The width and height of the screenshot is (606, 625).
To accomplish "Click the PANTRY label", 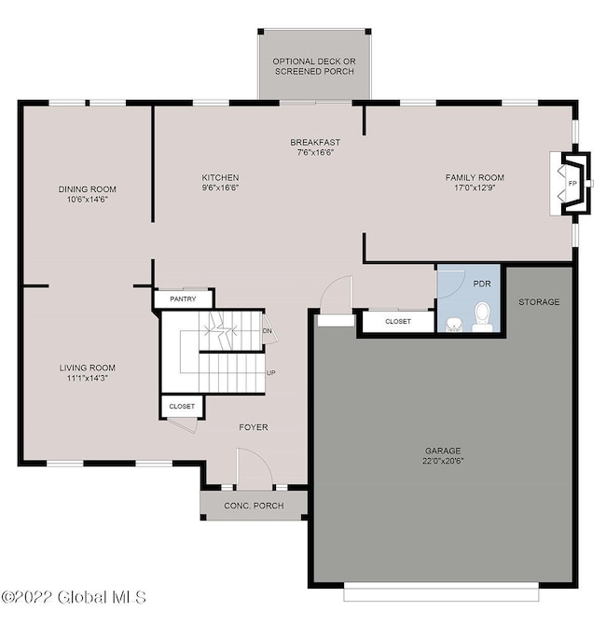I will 184,299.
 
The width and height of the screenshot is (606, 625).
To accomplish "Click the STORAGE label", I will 540,302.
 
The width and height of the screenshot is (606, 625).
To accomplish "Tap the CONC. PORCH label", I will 253,507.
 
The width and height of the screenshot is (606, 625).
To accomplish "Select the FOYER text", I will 253,427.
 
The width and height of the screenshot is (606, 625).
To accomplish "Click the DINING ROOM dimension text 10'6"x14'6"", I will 89,199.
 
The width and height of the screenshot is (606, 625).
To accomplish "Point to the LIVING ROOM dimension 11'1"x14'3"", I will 89,378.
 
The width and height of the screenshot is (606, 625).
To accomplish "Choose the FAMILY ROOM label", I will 475,177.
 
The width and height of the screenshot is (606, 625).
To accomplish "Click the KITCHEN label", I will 221,177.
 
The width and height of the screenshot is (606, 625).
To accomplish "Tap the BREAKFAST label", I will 314,142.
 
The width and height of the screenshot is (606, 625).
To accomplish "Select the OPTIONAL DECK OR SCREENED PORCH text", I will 314,66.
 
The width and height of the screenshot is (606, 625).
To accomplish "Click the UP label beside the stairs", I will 271,373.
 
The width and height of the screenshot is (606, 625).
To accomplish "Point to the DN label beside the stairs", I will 268,331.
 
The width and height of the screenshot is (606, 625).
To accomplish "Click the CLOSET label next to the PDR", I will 398,321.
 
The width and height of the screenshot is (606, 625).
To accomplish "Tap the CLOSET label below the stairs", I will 182,407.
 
